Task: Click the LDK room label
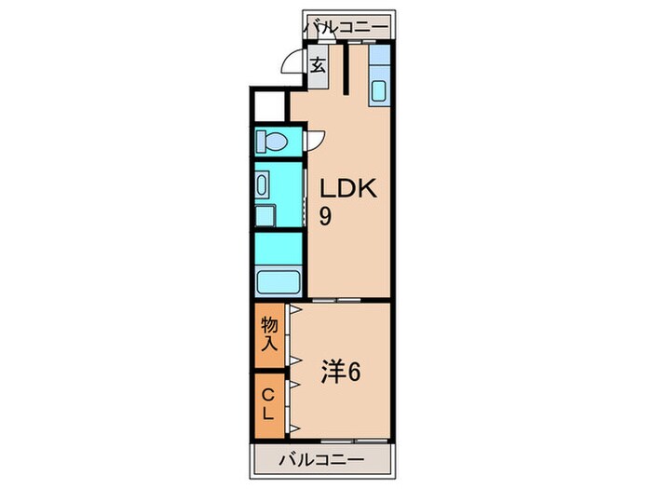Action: pos(346,189)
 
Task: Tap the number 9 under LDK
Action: pos(326,217)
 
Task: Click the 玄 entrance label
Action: pos(318,66)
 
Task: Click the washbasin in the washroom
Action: pos(263,185)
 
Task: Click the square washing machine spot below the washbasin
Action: pos(265,217)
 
